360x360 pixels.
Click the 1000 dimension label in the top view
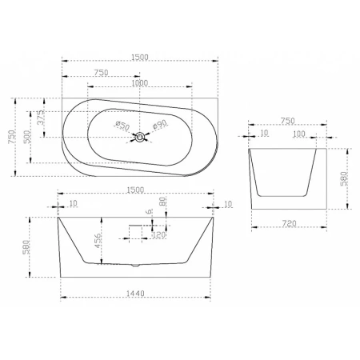[x=140, y=83]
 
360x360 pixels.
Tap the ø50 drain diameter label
[x=122, y=126]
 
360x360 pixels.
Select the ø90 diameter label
[x=160, y=124]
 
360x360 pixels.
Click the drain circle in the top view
[x=140, y=137]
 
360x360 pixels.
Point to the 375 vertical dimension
[x=40, y=118]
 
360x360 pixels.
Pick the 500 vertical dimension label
[x=27, y=137]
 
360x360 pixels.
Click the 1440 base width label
[x=135, y=294]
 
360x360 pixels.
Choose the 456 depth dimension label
[x=98, y=241]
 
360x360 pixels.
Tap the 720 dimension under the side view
[x=290, y=223]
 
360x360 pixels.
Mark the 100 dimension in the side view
[x=299, y=134]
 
